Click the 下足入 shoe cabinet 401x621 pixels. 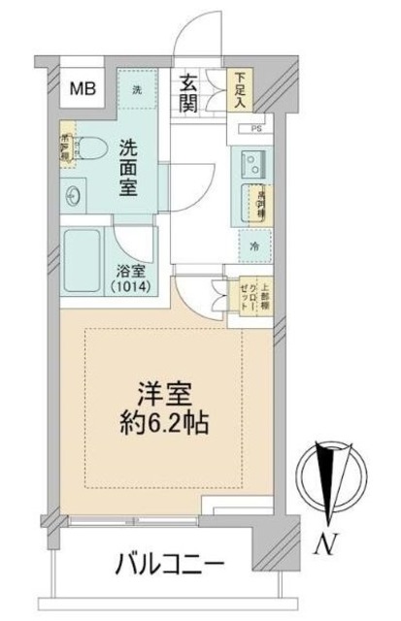238,90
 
